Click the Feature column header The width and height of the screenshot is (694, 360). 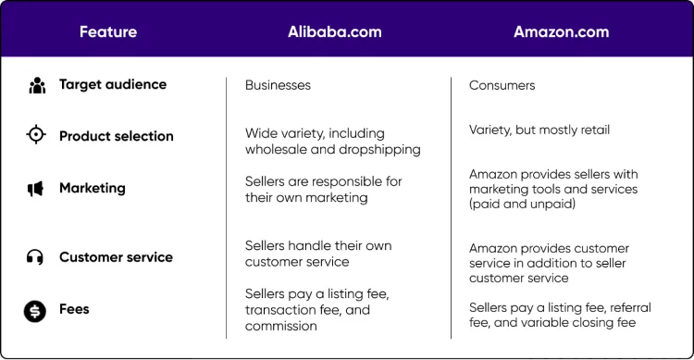108,31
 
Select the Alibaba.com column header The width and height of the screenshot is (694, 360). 334,31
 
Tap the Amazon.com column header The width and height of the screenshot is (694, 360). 562,31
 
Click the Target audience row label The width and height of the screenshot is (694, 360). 113,84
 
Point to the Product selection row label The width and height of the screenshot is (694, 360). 117,136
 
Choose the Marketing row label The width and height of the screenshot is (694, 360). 93,188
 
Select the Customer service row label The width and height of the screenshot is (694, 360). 116,257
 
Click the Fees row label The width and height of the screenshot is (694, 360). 74,309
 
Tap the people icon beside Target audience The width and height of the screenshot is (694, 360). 36,85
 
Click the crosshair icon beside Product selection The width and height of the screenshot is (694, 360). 36,136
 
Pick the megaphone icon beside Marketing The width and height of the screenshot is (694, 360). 36,189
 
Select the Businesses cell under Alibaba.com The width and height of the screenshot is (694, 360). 278,85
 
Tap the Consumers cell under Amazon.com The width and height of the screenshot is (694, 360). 502,85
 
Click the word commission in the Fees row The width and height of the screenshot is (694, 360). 280,326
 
